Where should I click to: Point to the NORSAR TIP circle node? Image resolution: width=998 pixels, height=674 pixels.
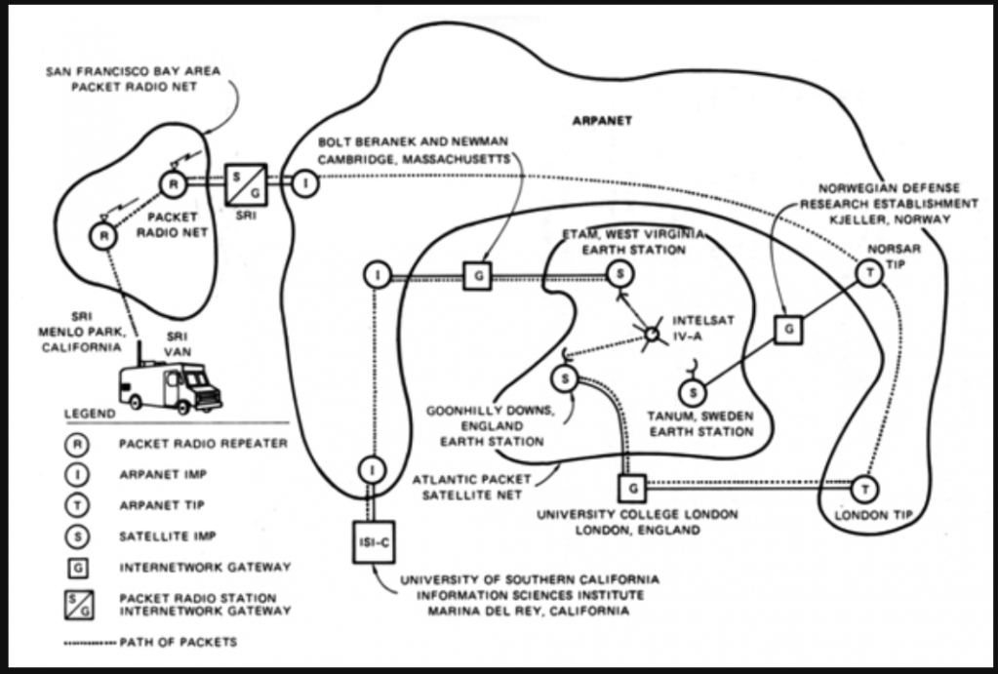868,275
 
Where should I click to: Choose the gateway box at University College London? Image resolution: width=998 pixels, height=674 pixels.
632,486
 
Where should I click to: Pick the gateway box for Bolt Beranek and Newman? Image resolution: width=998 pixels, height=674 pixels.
477,275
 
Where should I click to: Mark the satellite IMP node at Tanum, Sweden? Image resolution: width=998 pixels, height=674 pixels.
692,393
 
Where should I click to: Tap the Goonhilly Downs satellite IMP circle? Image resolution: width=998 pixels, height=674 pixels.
565,377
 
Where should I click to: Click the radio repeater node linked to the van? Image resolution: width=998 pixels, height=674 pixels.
101,235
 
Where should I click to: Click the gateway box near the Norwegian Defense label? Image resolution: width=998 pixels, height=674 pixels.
787,330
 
